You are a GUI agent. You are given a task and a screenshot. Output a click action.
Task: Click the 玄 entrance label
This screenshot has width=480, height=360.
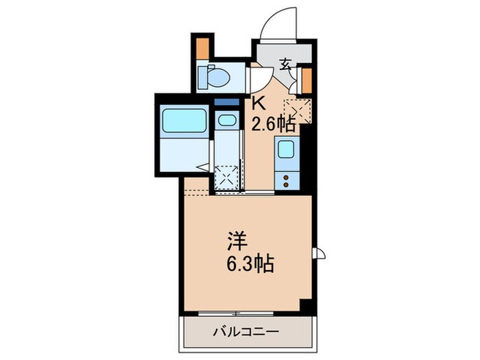click(x=286, y=66)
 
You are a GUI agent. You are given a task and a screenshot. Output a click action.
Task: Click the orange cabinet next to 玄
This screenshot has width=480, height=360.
click(x=307, y=80)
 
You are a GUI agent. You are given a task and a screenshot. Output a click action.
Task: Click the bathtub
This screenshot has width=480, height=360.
click(x=183, y=122)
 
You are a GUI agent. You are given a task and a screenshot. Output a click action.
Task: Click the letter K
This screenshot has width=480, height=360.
click(x=259, y=104)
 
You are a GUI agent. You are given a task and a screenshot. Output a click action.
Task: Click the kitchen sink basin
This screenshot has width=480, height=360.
click(x=285, y=149)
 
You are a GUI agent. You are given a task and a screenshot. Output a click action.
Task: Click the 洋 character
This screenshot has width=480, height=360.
click(x=237, y=242)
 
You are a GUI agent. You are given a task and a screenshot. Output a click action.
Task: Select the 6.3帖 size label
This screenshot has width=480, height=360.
click(x=251, y=263)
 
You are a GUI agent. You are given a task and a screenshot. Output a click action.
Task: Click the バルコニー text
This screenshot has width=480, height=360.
click(x=250, y=332)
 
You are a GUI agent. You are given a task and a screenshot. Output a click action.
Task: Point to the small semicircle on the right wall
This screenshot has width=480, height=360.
click(x=318, y=253)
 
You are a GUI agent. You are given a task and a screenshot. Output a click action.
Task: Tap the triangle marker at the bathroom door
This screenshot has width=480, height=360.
click(x=202, y=167)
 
